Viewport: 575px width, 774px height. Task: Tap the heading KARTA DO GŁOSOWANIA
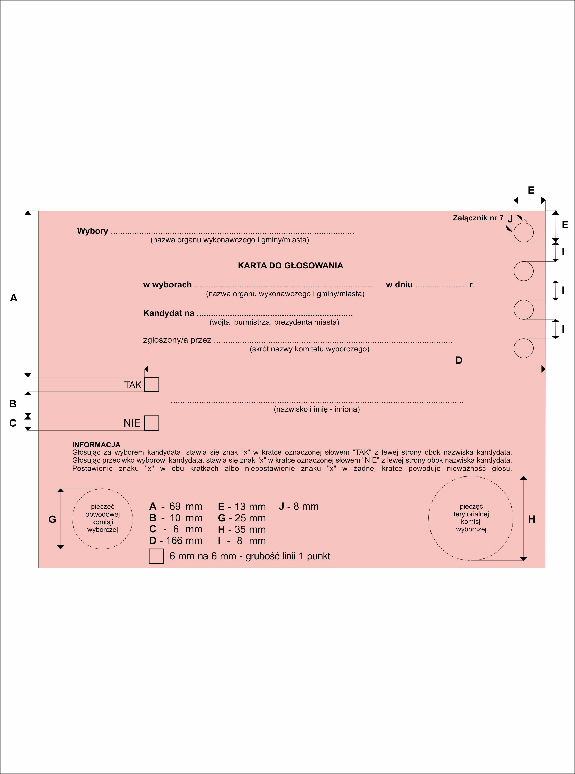[290, 266]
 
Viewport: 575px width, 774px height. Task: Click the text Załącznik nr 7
[478, 218]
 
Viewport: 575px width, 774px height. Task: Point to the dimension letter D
[459, 360]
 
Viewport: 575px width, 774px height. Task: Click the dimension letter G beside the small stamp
[52, 519]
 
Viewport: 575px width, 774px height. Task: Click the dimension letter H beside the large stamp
[531, 519]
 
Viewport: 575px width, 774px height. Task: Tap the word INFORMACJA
[96, 445]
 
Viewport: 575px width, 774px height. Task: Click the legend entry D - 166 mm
[176, 541]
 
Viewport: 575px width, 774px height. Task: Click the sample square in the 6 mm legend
[156, 556]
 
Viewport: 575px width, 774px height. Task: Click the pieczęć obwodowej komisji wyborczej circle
[102, 519]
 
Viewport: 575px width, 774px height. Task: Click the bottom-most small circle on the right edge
[523, 348]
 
